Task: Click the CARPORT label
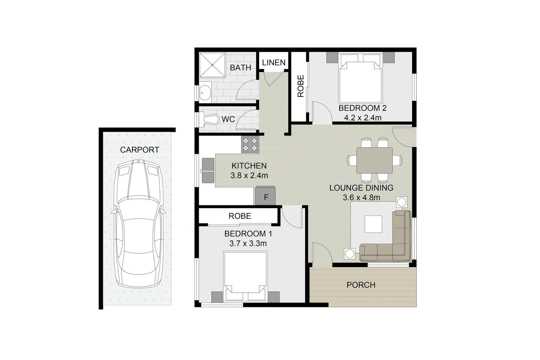coord(139,150)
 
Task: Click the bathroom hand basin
coord(205,92)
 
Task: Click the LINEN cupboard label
coord(274,63)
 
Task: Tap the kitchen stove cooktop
coord(250,145)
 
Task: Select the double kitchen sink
coord(208,171)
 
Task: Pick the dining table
coord(374,160)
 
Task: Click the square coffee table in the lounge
coord(373,224)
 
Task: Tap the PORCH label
coord(361,285)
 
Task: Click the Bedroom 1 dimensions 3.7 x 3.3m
coord(248,244)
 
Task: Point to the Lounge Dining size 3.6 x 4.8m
coord(361,198)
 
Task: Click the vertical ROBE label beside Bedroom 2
coord(301,86)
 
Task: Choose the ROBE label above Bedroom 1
coord(240,216)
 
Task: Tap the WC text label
coord(228,119)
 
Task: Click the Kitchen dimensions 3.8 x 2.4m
coord(249,175)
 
